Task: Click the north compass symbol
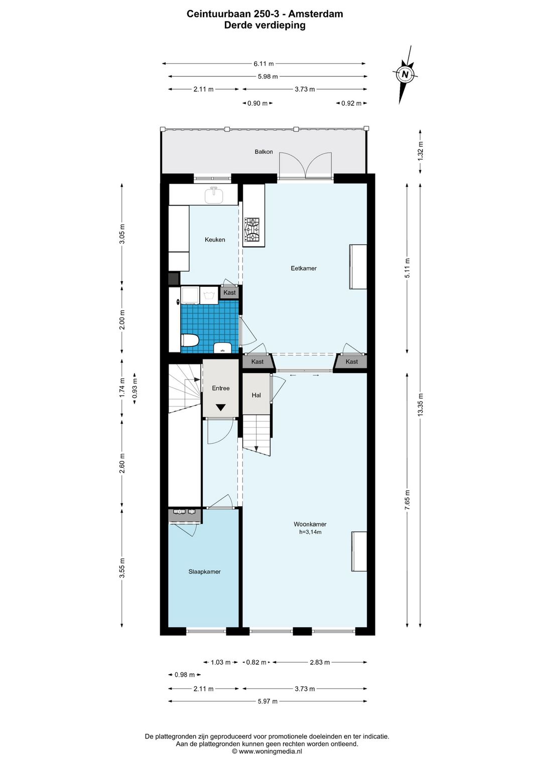click(x=405, y=75)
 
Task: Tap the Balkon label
click(x=263, y=151)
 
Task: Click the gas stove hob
click(x=252, y=230)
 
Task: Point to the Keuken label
click(x=215, y=240)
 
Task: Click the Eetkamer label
click(x=304, y=268)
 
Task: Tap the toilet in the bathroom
click(x=189, y=340)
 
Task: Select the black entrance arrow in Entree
click(x=220, y=408)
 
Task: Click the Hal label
click(x=256, y=395)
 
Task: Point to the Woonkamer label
click(x=310, y=524)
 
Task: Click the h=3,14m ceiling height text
click(x=310, y=532)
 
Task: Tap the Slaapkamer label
click(x=204, y=571)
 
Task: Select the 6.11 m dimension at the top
click(x=263, y=64)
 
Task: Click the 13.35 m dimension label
click(x=421, y=404)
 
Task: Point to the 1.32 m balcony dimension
click(x=421, y=150)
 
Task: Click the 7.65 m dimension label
click(x=408, y=500)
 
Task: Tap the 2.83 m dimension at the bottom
click(x=320, y=662)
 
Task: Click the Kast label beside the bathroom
click(x=229, y=292)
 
